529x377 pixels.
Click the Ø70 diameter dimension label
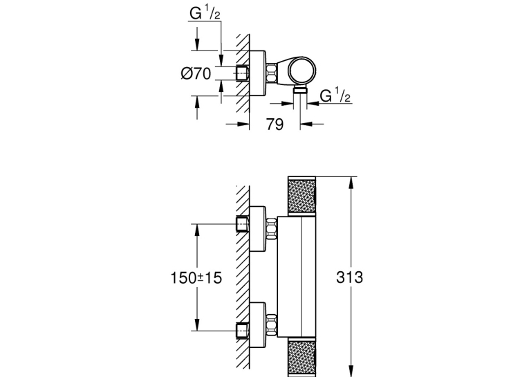click(x=196, y=73)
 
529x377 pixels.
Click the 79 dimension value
click(x=275, y=125)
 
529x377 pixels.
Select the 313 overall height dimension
click(x=349, y=277)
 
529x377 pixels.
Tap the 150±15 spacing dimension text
click(x=196, y=278)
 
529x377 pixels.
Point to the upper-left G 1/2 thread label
click(x=205, y=13)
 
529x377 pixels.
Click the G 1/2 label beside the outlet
click(x=335, y=95)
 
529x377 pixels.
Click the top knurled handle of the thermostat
click(x=302, y=196)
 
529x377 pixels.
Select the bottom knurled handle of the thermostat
click(x=302, y=357)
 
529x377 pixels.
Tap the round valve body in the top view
click(x=302, y=70)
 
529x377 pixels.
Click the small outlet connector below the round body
click(x=300, y=89)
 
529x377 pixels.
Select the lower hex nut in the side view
click(x=272, y=324)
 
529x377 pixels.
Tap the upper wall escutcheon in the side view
click(x=258, y=229)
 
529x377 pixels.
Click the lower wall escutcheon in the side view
click(x=258, y=325)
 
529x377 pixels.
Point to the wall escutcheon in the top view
click(x=257, y=73)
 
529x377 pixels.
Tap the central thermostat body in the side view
click(x=297, y=277)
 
